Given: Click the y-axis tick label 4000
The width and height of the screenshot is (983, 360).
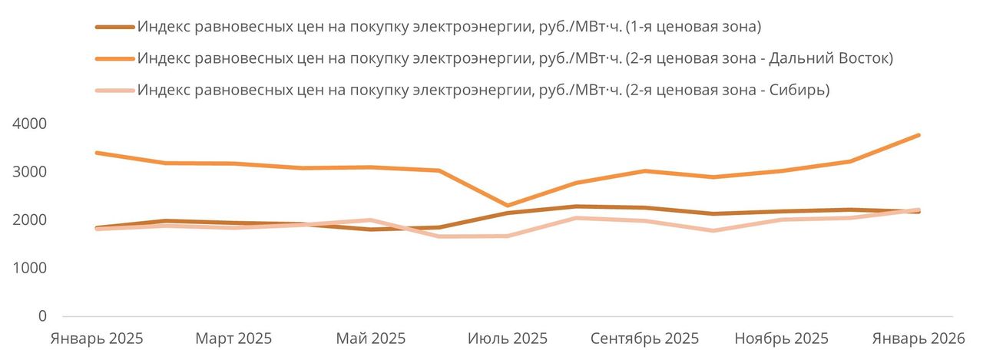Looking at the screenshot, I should click(30, 124).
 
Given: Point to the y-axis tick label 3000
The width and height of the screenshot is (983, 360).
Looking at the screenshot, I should click(30, 172).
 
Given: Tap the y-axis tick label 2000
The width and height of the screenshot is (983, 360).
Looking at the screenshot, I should click(30, 220).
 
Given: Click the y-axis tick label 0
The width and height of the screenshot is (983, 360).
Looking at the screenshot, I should click(41, 316).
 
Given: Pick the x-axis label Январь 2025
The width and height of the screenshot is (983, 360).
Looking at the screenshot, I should click(96, 339).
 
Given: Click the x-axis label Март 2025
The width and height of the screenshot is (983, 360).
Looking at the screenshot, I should click(233, 339).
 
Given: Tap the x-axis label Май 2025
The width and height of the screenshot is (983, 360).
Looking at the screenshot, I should click(371, 339).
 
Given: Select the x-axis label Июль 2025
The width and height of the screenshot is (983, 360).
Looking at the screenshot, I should click(508, 339).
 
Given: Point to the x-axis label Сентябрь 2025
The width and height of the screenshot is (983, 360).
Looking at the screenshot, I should click(645, 339).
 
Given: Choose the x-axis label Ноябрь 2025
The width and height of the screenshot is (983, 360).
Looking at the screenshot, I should click(781, 339).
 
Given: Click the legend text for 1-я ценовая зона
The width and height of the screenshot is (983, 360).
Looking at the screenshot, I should click(448, 27).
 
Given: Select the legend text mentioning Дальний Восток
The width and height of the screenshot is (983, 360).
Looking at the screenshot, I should click(515, 58).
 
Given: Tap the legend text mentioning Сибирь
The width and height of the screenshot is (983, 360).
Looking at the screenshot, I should click(483, 90).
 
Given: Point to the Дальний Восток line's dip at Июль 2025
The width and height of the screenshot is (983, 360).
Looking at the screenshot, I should click(507, 206).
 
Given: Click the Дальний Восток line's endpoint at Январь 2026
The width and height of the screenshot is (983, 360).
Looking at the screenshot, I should click(918, 135).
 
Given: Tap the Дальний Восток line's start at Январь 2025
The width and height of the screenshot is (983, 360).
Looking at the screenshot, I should click(96, 153).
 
